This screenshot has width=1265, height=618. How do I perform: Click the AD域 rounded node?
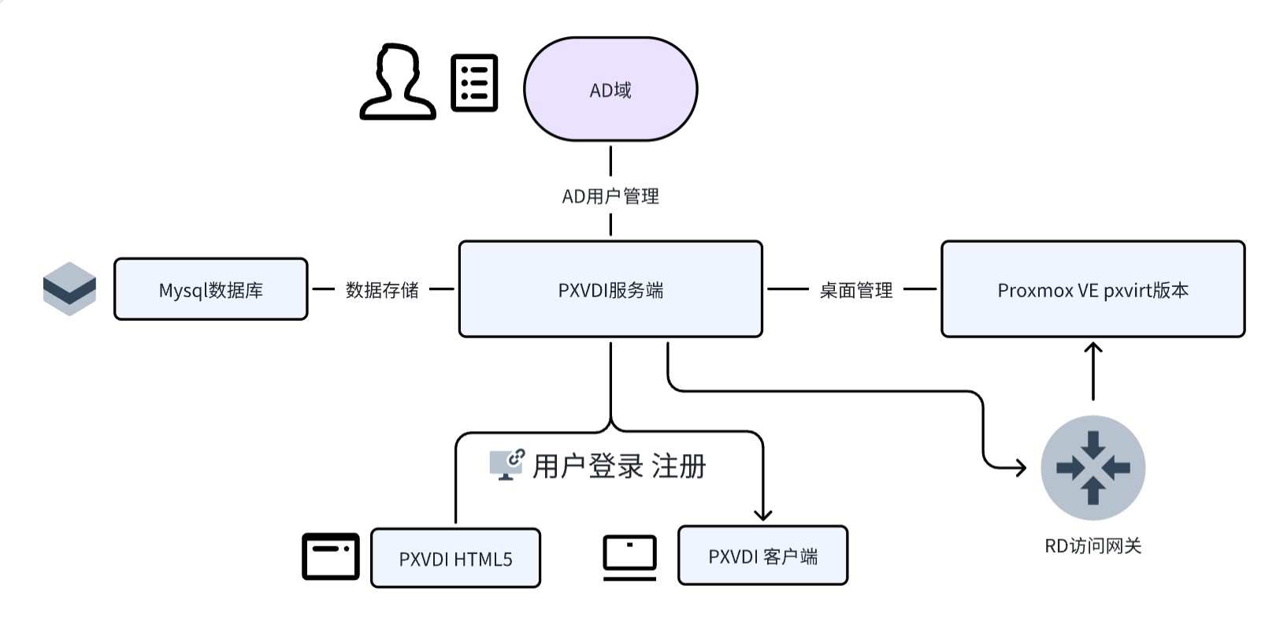610,89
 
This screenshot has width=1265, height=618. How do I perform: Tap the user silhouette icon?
398,83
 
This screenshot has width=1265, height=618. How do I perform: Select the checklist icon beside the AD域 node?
474,83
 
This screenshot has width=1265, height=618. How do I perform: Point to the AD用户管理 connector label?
610,196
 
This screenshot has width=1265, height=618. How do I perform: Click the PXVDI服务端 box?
610,289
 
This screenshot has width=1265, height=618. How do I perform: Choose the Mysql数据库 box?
211,289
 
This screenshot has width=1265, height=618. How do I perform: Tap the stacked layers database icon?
69,289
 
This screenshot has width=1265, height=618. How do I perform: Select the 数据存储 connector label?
382,290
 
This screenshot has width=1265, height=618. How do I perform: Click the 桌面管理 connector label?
855,290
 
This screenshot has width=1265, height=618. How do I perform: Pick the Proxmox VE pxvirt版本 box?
1092,289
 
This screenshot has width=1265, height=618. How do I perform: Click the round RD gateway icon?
1092,467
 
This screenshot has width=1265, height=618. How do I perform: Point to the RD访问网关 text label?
1092,545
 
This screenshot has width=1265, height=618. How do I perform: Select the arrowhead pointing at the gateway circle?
1021,467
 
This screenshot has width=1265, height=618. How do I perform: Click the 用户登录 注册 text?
619,466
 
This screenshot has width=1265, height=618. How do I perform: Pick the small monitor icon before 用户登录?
506,464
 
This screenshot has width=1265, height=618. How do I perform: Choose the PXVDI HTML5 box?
455,558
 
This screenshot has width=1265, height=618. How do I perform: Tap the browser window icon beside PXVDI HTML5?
331,557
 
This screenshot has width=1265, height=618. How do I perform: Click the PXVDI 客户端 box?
762,556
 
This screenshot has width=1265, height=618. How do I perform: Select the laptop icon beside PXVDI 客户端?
629,557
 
